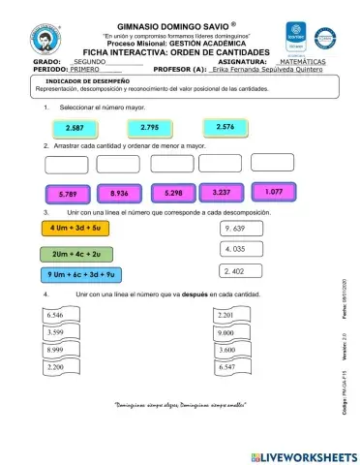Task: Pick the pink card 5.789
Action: [x=68, y=194]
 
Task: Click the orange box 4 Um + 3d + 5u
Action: [x=75, y=229]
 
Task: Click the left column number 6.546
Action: [x=60, y=316]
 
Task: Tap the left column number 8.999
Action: [x=60, y=350]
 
